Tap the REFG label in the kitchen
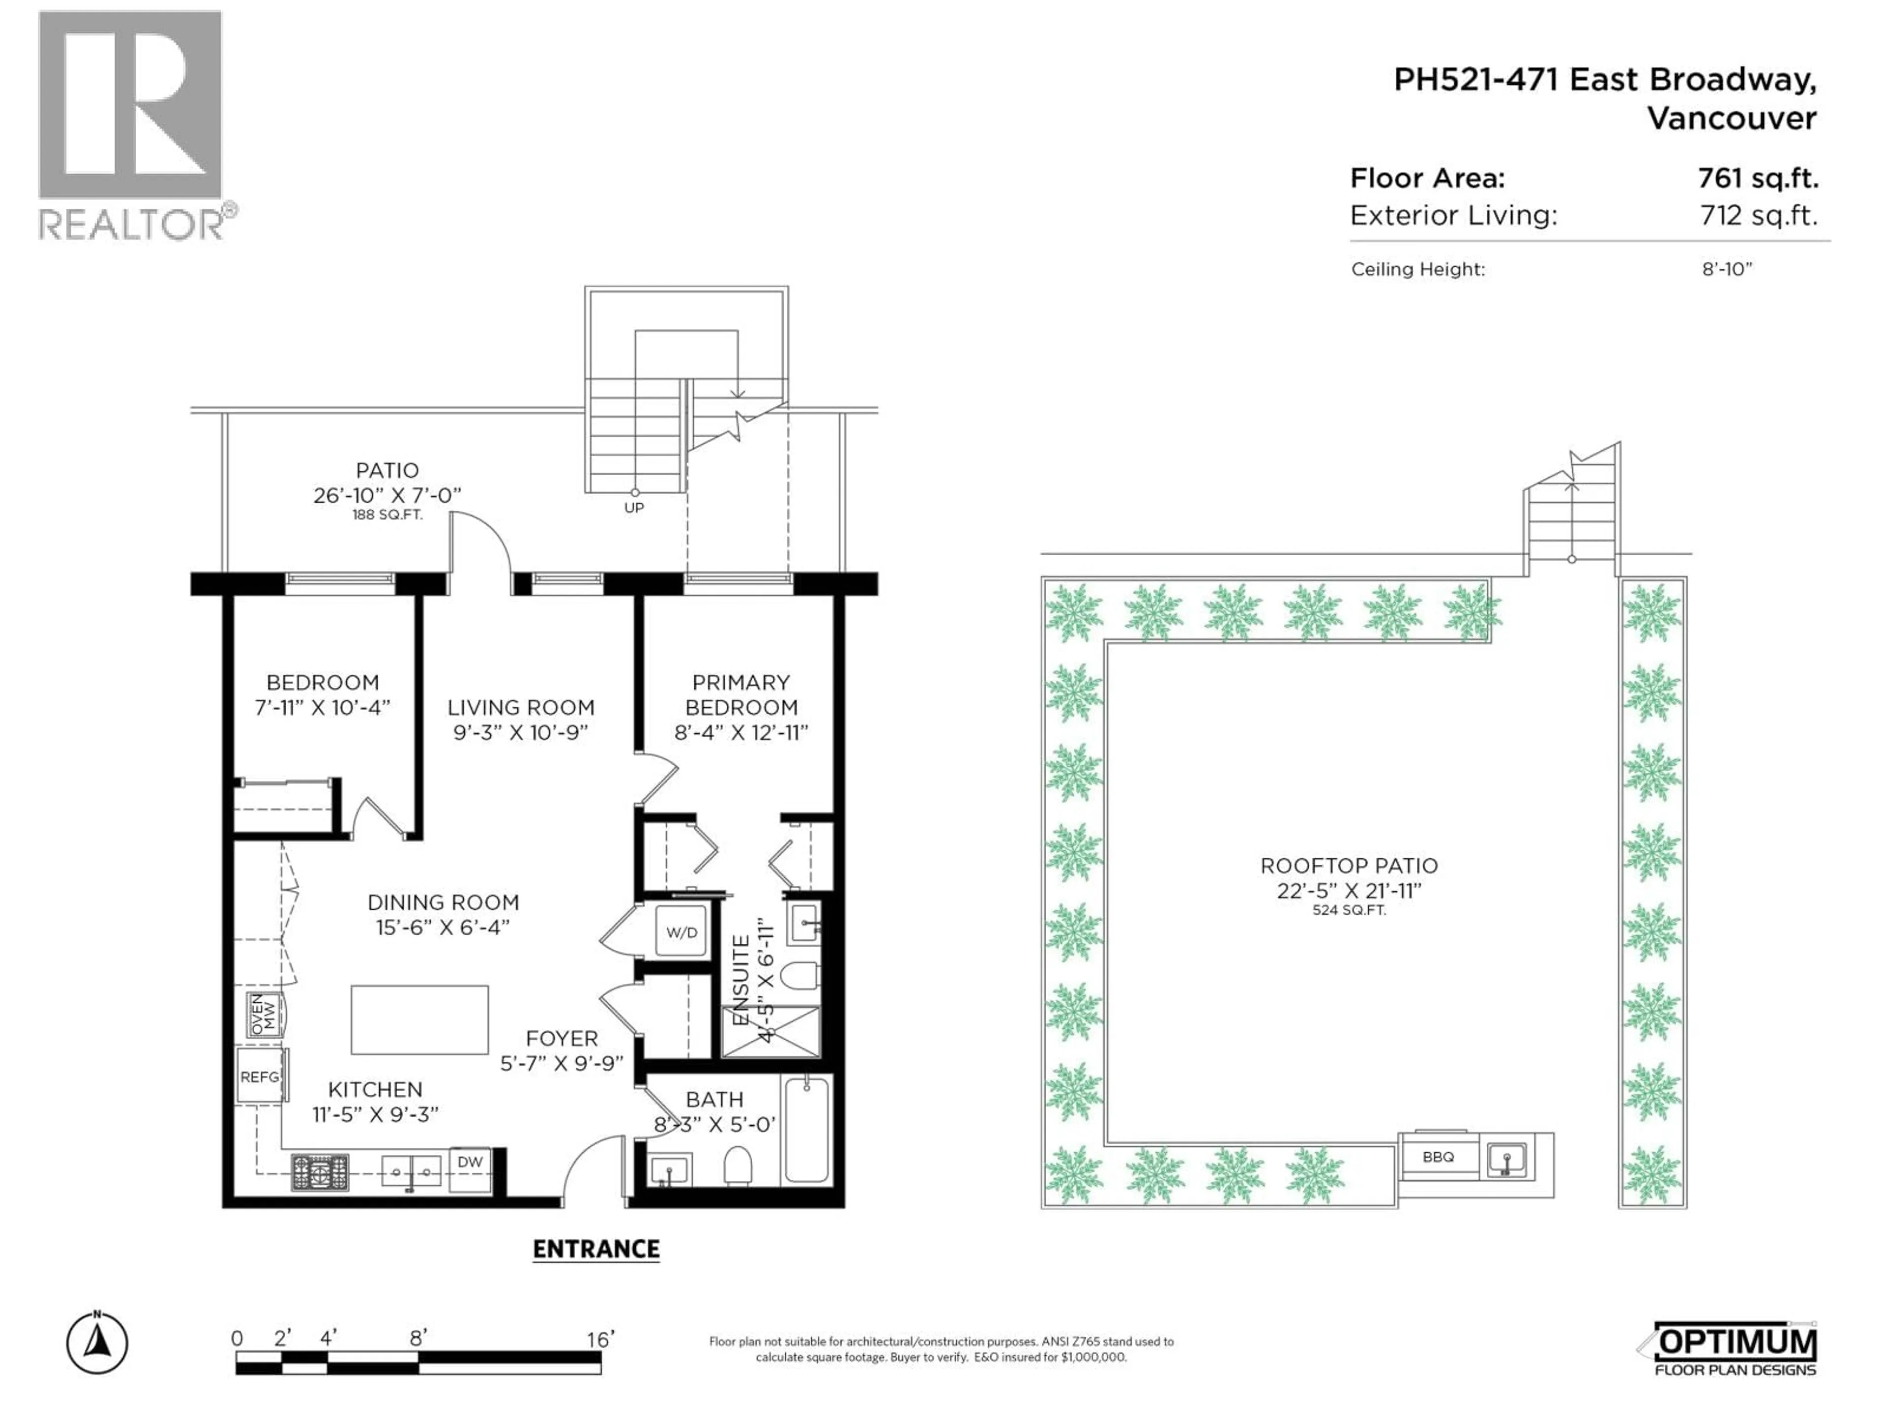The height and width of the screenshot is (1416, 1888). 260,1077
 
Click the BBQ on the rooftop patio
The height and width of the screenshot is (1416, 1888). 1438,1157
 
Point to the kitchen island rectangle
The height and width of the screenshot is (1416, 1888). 419,1020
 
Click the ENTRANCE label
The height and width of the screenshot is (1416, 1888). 596,1249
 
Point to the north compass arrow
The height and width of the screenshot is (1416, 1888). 97,1343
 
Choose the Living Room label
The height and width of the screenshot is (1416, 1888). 521,708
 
